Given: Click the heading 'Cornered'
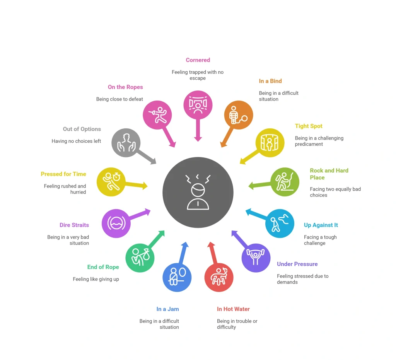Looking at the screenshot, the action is [198, 60].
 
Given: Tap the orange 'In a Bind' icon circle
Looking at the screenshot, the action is [238, 115].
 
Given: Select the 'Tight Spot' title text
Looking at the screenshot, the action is [309, 126].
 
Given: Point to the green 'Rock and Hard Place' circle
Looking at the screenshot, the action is [285, 182].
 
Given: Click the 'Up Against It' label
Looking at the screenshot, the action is [321, 225].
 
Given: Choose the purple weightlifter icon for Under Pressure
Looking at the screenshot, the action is [256, 258].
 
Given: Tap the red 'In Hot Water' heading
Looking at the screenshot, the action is [233, 309].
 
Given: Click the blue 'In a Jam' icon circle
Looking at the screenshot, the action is [177, 277].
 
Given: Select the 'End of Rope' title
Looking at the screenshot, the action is [103, 267].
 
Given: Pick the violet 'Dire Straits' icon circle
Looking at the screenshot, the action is [116, 224].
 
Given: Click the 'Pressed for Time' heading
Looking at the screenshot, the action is [63, 174].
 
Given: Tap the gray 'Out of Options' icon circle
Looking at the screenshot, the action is [126, 143].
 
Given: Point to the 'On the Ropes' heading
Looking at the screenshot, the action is [125, 87].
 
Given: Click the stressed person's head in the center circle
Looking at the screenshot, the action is [198, 190].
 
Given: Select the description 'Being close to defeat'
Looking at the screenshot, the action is [119, 99].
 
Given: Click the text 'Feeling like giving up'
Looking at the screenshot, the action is [96, 279].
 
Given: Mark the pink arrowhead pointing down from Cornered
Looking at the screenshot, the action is [198, 138].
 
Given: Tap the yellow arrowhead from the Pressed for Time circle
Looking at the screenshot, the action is [145, 186].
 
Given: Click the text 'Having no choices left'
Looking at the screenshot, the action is [76, 141].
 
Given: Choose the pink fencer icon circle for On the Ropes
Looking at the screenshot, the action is [157, 115].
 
